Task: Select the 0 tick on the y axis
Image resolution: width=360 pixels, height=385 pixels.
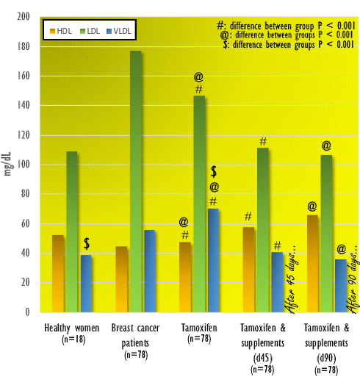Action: coord(27,312)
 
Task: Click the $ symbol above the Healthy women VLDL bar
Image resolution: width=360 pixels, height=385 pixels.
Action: coord(87,243)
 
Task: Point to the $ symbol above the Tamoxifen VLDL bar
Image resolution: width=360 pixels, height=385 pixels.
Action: coord(213,171)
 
